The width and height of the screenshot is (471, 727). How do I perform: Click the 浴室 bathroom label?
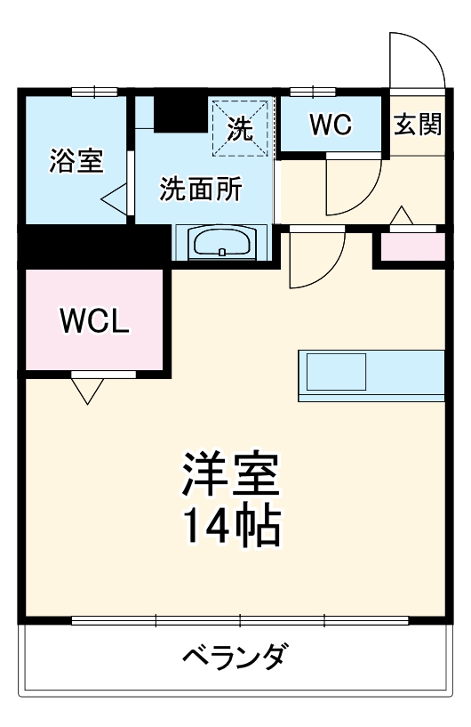point(76,161)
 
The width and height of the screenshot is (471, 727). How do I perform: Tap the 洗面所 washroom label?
point(201,189)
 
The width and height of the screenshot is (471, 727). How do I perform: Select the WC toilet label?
point(331,125)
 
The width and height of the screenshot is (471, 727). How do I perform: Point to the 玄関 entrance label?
point(418,125)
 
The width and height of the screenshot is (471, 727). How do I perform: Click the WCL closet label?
point(95,319)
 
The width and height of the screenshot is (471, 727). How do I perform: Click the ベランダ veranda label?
point(235,658)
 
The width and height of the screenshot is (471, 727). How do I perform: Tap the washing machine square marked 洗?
point(239,128)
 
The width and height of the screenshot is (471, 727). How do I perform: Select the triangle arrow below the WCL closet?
point(86,391)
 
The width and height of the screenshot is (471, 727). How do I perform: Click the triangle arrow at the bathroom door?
point(114,198)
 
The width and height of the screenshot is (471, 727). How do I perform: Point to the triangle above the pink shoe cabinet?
point(402,215)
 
